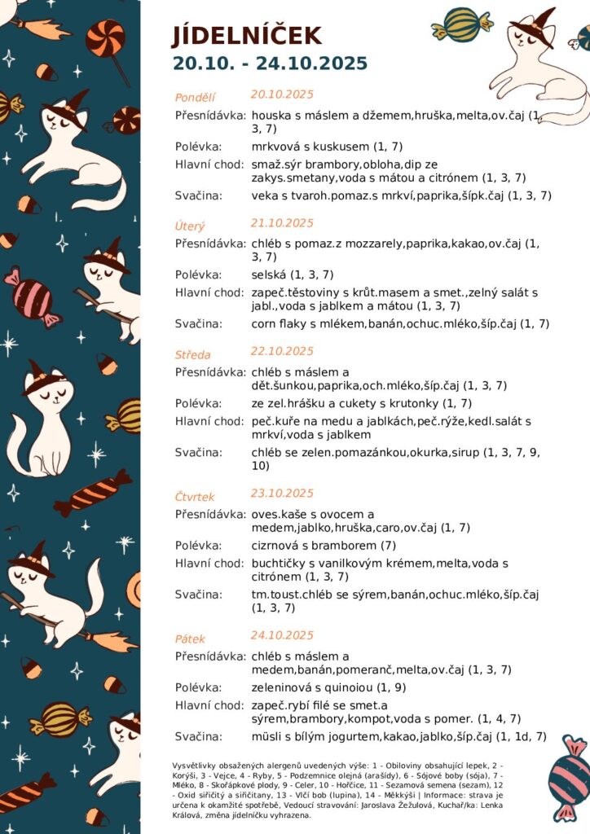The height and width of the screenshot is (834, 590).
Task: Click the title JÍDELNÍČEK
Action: (x=246, y=36)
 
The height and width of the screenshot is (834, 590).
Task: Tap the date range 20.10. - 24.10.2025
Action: (x=270, y=64)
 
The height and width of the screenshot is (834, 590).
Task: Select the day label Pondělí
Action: (x=195, y=98)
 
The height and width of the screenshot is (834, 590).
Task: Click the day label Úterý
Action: (x=190, y=226)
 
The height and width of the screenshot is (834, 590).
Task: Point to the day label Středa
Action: (x=192, y=354)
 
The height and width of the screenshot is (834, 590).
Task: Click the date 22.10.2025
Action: (x=282, y=351)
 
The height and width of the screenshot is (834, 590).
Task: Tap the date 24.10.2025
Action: (x=282, y=635)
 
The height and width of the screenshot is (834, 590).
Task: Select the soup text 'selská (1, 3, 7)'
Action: (x=293, y=274)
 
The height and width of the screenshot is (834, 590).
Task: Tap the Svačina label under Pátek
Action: (x=198, y=736)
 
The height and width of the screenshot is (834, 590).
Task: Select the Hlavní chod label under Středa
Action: (x=209, y=421)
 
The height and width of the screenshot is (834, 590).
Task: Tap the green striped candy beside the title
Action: (x=461, y=24)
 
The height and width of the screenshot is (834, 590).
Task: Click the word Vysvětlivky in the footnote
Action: (x=192, y=766)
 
